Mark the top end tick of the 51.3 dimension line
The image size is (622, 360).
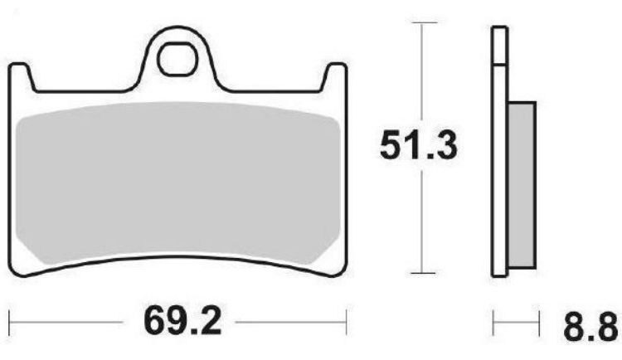tap(424, 23)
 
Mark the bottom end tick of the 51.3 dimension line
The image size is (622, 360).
tap(424, 273)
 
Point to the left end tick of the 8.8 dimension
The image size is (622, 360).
tap(493, 320)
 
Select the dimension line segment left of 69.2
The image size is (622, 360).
tap(66, 320)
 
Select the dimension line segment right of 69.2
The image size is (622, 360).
tap(290, 320)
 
